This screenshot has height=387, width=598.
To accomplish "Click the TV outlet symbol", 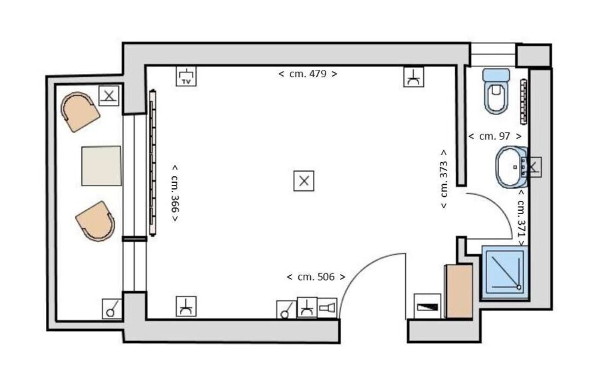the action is pos(186,76).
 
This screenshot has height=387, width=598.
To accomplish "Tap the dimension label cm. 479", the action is pos(308,74).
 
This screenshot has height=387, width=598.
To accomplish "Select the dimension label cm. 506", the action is pos(316,277).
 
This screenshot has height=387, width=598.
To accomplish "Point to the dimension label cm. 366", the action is pos(175,193).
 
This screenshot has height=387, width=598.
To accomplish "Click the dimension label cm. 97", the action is pos(494,136).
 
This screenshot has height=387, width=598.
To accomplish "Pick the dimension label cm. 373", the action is pos(444,179).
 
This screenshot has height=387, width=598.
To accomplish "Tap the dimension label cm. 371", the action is pos(522,218).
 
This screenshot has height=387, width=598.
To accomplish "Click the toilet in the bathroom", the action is pos(496,91).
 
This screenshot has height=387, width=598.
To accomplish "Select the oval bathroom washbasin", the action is pos(512,167).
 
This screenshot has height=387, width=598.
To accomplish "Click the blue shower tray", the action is pos(505,272).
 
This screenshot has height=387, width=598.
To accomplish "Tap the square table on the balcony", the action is pos(101,166).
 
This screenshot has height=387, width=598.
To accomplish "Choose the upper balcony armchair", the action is pos(80,112).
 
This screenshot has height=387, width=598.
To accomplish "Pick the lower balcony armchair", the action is pos(96,221).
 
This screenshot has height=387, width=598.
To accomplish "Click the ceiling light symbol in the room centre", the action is pos(304,181).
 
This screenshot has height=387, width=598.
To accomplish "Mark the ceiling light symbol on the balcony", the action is pos(109,96).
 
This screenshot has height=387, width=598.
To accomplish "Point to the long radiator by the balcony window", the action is pos(153,163).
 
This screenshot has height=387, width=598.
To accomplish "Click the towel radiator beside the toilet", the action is pos(524,102).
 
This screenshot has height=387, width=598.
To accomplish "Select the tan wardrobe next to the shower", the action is pos(459,291).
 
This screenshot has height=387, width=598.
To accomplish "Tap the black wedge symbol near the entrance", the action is pos(427,306).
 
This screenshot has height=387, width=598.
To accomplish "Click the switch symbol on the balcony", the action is pos(112,309).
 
